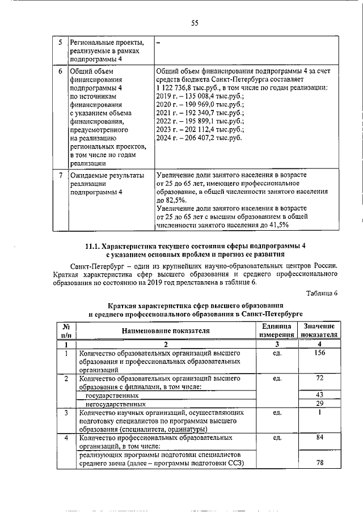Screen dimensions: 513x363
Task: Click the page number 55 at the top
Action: point(194,23)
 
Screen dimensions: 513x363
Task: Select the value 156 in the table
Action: point(319,353)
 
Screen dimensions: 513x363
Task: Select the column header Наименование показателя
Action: point(164,330)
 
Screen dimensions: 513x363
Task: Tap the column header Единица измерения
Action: point(276,330)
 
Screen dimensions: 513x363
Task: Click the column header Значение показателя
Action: point(319,330)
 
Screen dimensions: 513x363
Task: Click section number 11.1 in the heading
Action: point(93,245)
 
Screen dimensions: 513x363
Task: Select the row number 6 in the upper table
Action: point(61,72)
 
